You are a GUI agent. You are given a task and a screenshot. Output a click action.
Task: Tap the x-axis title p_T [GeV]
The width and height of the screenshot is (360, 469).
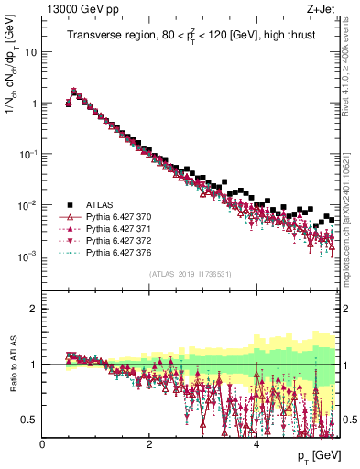click(x=320, y=455)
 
